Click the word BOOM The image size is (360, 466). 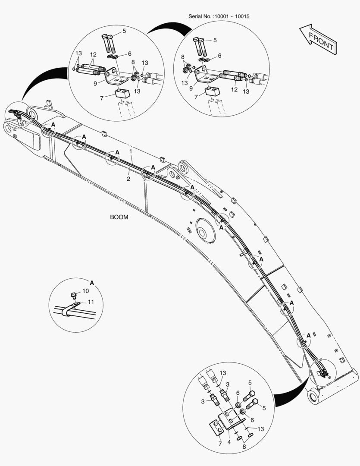pyautogui.click(x=119, y=217)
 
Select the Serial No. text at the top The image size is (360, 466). pyautogui.click(x=219, y=16)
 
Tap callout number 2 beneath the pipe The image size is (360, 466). pyautogui.click(x=128, y=179)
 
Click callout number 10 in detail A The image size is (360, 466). pyautogui.click(x=85, y=291)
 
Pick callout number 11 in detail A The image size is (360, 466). pyautogui.click(x=91, y=302)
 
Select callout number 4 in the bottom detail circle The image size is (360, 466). pyautogui.click(x=229, y=442)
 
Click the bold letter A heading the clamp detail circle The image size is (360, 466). pyautogui.click(x=91, y=282)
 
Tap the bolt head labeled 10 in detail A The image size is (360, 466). pyautogui.click(x=73, y=296)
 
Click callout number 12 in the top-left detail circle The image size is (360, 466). pyautogui.click(x=93, y=55)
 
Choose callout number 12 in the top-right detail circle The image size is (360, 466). pyautogui.click(x=235, y=90)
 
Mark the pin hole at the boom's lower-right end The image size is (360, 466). pyautogui.click(x=313, y=395)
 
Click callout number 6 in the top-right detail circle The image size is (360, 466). pyautogui.click(x=219, y=56)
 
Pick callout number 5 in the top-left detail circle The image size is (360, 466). pyautogui.click(x=124, y=31)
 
